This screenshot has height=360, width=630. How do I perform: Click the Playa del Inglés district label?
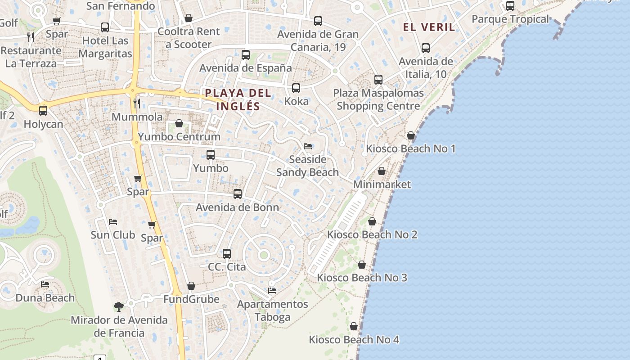click(238, 99)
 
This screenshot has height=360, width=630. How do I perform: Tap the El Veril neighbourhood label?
click(428, 27)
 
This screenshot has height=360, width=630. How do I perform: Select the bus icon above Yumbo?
click(210, 155)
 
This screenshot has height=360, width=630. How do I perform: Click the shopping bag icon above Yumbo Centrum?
click(179, 123)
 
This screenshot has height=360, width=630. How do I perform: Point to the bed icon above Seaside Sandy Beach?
click(308, 146)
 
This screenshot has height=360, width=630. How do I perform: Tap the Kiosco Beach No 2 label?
click(372, 234)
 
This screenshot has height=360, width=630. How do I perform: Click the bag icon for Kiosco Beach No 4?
click(354, 326)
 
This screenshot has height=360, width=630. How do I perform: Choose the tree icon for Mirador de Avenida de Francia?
click(119, 307)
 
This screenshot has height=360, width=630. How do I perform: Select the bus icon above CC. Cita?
click(227, 253)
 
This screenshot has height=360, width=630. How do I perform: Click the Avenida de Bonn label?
click(238, 207)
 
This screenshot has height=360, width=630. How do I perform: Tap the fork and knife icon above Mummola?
click(137, 103)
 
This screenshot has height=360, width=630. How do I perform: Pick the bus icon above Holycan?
click(43, 110)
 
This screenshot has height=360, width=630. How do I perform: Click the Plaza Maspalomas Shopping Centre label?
click(378, 99)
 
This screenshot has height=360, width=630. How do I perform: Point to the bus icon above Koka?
click(296, 88)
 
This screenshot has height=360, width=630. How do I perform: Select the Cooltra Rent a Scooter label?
click(189, 38)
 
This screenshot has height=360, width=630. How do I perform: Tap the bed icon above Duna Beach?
click(45, 284)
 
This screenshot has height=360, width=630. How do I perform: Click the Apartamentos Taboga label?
click(273, 310)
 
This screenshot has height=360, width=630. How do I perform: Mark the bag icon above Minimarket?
click(382, 171)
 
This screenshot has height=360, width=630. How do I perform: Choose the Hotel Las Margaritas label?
click(105, 47)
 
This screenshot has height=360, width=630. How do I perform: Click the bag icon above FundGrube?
click(191, 286)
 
